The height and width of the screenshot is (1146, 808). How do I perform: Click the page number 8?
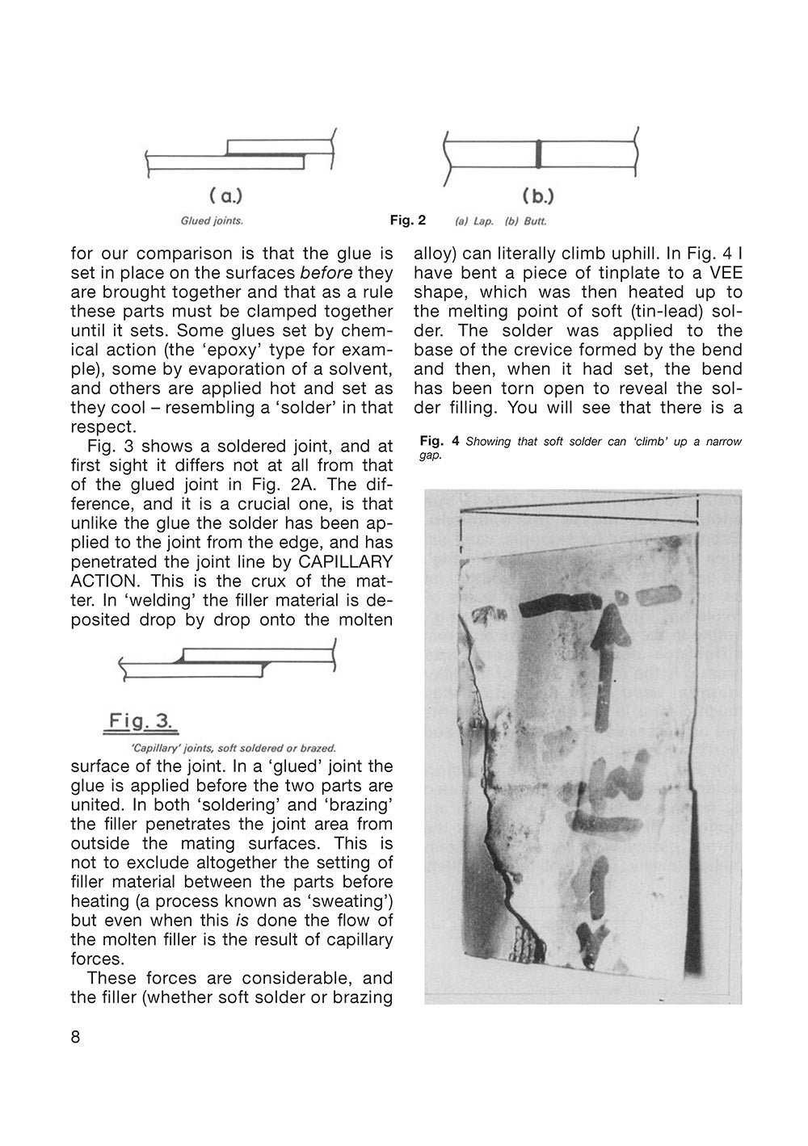pos(76,1038)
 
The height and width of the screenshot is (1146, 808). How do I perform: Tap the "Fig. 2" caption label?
pos(407,220)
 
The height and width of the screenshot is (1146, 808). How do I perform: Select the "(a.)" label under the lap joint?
pos(225,195)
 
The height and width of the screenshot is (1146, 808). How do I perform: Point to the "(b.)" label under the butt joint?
pos(538,195)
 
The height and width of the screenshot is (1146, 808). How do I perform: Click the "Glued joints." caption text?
pos(212,220)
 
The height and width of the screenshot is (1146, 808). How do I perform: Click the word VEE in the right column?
pos(725,272)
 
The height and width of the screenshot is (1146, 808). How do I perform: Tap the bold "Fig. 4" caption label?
pos(440,442)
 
